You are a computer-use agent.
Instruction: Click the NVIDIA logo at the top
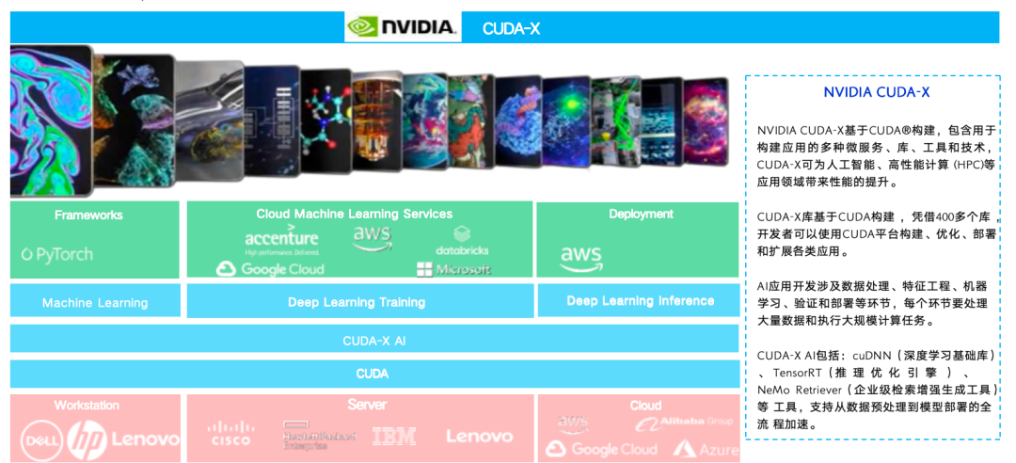click(x=402, y=26)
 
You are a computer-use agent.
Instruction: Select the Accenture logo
click(x=281, y=241)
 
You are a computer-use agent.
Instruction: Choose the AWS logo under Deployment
click(x=581, y=257)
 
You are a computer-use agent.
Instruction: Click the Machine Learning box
click(x=94, y=302)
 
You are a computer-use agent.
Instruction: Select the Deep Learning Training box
click(x=357, y=302)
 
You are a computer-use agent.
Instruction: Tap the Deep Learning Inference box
click(x=640, y=301)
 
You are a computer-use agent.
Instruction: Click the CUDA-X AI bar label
click(x=373, y=341)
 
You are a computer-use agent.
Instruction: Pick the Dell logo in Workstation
click(x=41, y=439)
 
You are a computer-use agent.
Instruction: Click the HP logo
click(x=87, y=439)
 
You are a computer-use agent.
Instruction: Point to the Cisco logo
click(x=230, y=435)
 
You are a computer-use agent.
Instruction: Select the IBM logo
click(x=394, y=437)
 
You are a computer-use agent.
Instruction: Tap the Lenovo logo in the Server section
click(x=479, y=437)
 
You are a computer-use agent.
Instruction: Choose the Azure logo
click(x=706, y=450)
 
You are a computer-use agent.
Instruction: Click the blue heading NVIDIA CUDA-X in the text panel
click(x=876, y=92)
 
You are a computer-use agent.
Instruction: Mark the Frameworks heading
click(x=88, y=216)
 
